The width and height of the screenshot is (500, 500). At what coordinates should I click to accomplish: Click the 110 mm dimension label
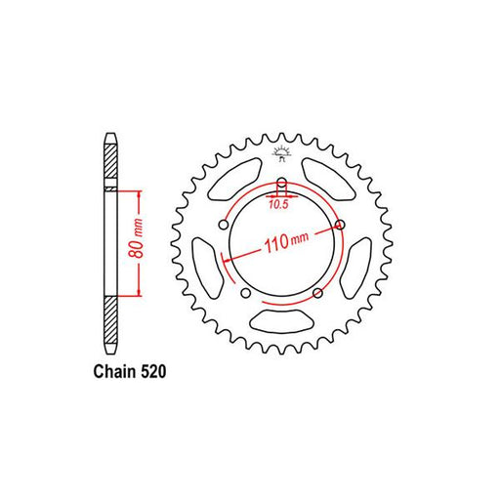click(x=286, y=242)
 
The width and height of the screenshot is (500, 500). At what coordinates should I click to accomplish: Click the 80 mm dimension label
click(x=137, y=238)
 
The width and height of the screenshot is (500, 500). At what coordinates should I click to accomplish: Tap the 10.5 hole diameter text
click(x=279, y=204)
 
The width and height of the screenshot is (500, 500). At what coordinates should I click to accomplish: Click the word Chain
click(x=114, y=371)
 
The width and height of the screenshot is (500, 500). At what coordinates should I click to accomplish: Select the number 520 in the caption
click(x=153, y=371)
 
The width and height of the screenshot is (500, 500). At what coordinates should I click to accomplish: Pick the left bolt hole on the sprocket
click(x=223, y=225)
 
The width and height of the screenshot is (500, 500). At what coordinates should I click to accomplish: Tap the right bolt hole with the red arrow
click(x=340, y=225)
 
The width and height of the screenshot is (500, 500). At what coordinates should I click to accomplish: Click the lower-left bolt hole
click(x=246, y=293)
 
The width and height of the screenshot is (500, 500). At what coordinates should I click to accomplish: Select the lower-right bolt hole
click(x=317, y=293)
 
